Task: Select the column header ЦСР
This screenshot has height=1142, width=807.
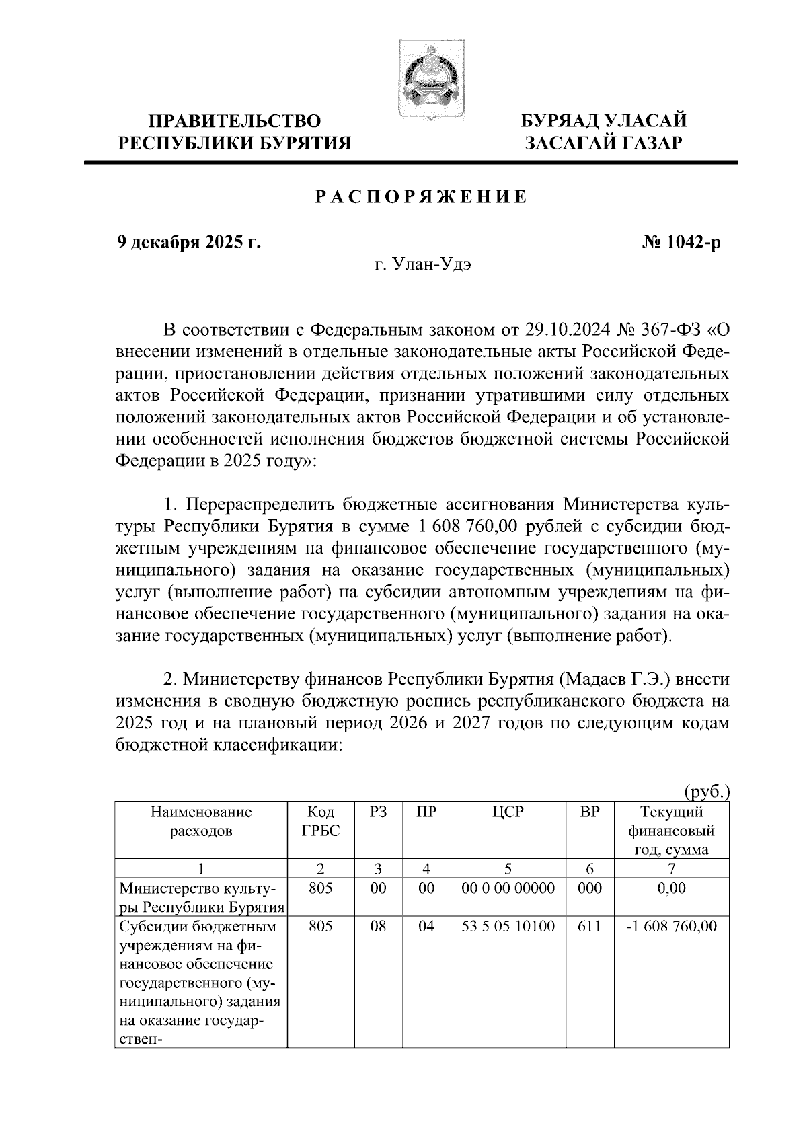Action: pyautogui.click(x=508, y=812)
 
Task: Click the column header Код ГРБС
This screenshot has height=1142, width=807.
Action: pyautogui.click(x=321, y=821)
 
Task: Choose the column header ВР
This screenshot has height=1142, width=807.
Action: pyautogui.click(x=589, y=812)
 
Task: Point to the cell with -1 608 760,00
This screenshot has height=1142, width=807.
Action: pyautogui.click(x=671, y=927)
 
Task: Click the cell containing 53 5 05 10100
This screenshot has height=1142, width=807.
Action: pyautogui.click(x=508, y=927)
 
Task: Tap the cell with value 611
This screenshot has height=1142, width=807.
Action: pyautogui.click(x=589, y=927)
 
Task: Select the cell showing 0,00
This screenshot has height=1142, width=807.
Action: pyautogui.click(x=671, y=888)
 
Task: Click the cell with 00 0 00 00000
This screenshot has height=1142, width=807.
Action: pyautogui.click(x=508, y=888)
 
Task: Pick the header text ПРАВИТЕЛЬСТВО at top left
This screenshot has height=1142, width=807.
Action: pyautogui.click(x=235, y=122)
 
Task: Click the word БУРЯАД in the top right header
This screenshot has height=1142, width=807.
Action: pyautogui.click(x=562, y=122)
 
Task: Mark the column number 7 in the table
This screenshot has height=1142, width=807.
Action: pyautogui.click(x=671, y=868)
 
